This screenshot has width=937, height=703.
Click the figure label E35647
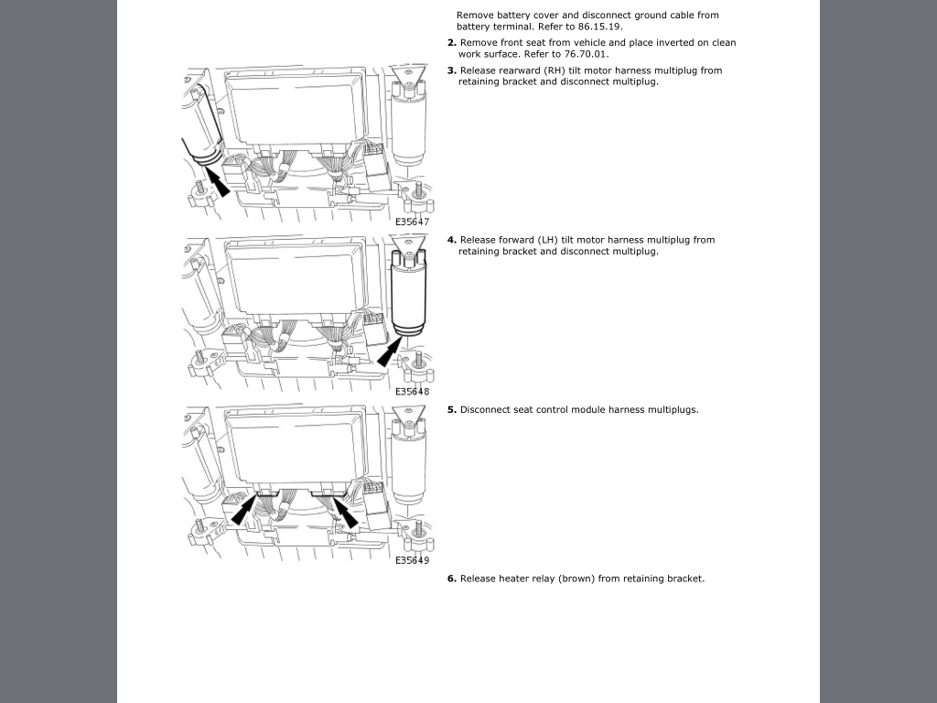coord(413,222)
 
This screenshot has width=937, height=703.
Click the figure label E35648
coord(413,392)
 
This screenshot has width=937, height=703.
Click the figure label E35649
coord(413,560)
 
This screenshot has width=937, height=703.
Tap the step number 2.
coord(452,42)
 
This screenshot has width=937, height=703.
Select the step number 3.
coord(452,70)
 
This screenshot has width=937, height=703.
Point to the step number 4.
coord(452,240)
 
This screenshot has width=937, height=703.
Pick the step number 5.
coord(452,409)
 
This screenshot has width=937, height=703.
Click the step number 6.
coord(452,579)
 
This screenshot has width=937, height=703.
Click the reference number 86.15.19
coord(599,27)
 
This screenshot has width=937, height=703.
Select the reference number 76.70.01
coord(586,54)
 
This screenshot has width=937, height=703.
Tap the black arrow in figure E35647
coord(218,182)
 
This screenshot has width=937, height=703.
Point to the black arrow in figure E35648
coord(390,351)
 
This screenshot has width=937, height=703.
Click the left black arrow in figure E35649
coord(244,511)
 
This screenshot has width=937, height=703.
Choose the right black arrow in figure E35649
coord(345,514)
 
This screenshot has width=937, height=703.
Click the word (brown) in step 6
coord(578,579)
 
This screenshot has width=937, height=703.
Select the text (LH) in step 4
coord(548,240)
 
